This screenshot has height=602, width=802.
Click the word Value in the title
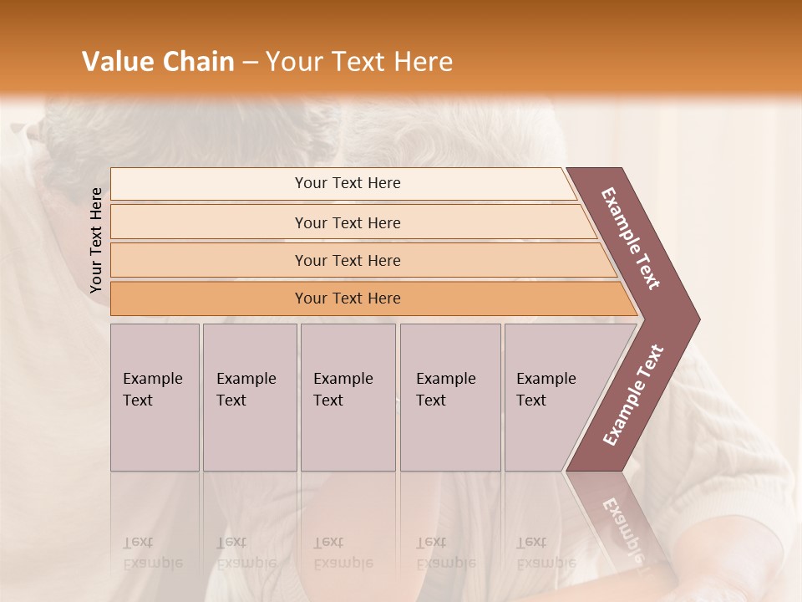click(x=116, y=62)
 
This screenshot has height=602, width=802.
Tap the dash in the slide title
click(x=250, y=63)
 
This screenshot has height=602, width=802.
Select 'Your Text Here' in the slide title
click(x=358, y=62)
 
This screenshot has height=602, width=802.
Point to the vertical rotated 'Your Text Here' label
click(x=97, y=240)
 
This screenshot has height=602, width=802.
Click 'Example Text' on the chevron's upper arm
click(x=631, y=238)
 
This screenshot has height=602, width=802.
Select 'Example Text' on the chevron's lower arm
click(x=633, y=395)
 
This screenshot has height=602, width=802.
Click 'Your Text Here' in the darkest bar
click(x=348, y=298)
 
